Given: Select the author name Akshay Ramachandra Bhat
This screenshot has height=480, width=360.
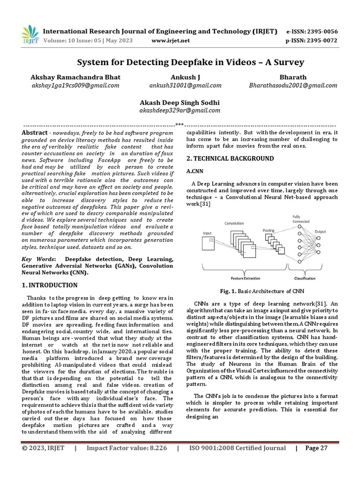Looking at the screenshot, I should click(x=75, y=77).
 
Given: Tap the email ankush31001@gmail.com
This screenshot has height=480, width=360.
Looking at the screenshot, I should click(x=185, y=85).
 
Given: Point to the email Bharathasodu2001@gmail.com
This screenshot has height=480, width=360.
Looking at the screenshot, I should click(x=293, y=85).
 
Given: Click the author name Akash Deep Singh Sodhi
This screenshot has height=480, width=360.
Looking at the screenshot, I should click(x=180, y=102).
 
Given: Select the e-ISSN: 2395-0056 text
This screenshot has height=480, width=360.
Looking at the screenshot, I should click(x=311, y=32).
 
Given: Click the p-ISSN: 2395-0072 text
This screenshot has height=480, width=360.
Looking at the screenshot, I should click(x=311, y=40).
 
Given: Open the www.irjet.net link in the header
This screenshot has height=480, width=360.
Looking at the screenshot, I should click(x=171, y=40).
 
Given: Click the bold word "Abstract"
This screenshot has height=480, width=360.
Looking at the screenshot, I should click(x=35, y=133).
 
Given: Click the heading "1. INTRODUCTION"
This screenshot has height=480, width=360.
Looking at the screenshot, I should click(x=50, y=285).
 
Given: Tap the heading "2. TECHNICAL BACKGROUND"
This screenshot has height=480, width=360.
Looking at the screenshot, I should click(x=230, y=158).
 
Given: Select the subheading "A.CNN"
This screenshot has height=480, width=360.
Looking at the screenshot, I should click(x=195, y=172).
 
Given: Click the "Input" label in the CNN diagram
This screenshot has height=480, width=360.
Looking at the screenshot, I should click(x=207, y=232).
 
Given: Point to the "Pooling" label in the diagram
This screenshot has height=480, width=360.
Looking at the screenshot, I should click(x=269, y=231).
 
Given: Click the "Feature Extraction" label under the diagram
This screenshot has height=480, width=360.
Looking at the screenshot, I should click(x=242, y=278).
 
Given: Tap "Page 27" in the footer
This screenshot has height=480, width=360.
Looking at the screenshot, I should click(x=316, y=448).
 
